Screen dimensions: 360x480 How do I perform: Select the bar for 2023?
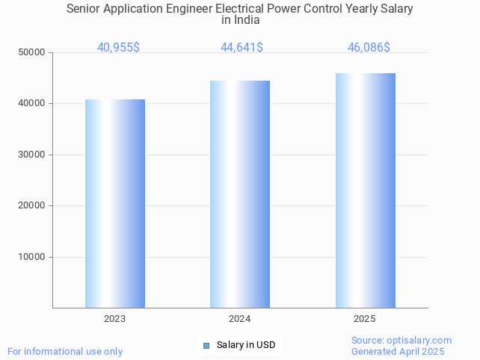click(115, 203)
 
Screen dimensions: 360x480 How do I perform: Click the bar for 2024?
click(240, 194)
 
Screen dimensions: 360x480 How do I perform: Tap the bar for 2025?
click(365, 190)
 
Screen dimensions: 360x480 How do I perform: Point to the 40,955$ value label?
click(118, 48)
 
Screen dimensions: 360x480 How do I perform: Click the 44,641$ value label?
click(241, 48)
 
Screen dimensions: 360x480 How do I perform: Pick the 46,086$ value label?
click(369, 48)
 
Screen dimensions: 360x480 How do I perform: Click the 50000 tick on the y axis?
click(31, 52)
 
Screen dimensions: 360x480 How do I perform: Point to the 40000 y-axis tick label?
click(31, 104)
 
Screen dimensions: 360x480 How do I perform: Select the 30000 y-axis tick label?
click(31, 155)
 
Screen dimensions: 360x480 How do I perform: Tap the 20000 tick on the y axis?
click(31, 205)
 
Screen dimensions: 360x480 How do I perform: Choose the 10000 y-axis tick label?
click(31, 257)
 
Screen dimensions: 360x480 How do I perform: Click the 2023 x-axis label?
click(115, 319)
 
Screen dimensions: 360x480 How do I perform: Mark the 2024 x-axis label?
click(240, 319)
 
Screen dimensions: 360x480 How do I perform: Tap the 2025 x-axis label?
click(365, 319)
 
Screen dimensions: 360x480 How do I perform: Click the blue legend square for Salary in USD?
click(206, 345)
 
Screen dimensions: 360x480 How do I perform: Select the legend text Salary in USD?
click(246, 345)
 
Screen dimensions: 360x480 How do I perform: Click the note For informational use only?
click(65, 351)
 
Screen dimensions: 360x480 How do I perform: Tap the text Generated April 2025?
click(398, 351)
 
